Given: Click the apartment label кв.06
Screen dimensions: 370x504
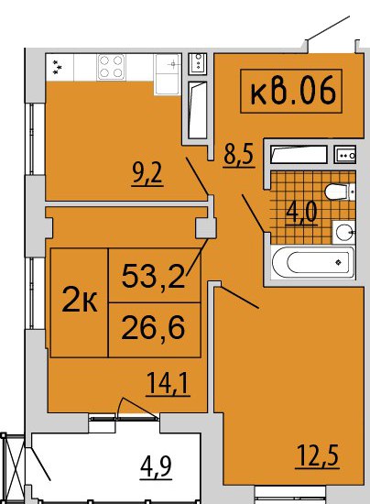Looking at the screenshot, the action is [x=292, y=91].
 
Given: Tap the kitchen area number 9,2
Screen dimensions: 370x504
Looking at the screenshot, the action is [x=147, y=174].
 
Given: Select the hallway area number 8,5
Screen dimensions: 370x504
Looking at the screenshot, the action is [x=239, y=155].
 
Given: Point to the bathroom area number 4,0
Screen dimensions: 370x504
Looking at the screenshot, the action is [x=302, y=213].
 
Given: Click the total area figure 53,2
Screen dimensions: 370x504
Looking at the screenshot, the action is [x=154, y=276].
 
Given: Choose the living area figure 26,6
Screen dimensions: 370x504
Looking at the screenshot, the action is [x=154, y=327].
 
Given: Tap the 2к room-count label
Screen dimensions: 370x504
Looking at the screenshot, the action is [x=80, y=300].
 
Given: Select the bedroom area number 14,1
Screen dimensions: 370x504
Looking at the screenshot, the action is [x=168, y=383].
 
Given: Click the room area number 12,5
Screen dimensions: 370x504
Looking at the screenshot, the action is [x=318, y=455].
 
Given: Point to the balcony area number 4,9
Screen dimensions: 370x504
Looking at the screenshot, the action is [x=156, y=467].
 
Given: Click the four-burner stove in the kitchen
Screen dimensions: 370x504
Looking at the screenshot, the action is [x=111, y=67].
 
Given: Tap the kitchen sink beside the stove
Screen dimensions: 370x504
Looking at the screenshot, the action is [x=168, y=74].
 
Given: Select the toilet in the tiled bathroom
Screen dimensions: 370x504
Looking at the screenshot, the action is [x=340, y=192].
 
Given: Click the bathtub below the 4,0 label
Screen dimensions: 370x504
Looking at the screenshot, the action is [x=313, y=263].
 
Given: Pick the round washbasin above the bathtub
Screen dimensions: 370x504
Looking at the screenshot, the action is [x=344, y=232].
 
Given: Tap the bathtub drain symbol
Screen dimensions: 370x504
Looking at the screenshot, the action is [x=338, y=263].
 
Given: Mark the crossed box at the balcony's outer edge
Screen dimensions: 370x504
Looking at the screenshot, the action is [x=13, y=467].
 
